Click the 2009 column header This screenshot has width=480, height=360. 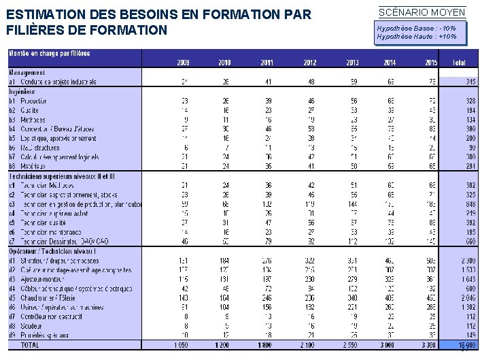(183, 63)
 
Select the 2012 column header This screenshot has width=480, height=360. (309, 63)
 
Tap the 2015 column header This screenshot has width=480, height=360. (430, 63)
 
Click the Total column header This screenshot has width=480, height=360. (459, 63)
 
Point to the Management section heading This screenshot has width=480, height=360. (28, 73)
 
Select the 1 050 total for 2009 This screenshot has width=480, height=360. (180, 345)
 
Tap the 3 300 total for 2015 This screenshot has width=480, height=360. (428, 345)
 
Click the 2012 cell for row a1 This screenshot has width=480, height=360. (310, 82)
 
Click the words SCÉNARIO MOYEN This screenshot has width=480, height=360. (422, 13)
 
